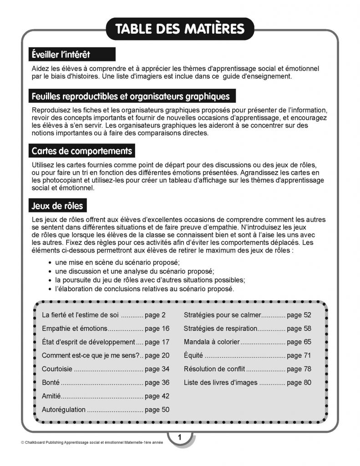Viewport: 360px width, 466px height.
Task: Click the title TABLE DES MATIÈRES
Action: (x=180, y=29)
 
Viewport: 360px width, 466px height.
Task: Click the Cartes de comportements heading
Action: (x=81, y=151)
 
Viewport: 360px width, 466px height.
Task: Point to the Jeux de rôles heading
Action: (x=57, y=206)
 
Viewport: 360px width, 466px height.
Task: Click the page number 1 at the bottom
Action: (x=180, y=438)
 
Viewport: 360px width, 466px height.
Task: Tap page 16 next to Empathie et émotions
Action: (x=157, y=328)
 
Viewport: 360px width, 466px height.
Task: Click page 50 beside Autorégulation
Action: (x=157, y=410)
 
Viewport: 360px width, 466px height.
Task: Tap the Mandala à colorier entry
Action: (x=211, y=342)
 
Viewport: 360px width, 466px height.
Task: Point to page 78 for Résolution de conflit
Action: (x=299, y=369)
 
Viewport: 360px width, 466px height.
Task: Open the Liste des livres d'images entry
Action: (x=220, y=383)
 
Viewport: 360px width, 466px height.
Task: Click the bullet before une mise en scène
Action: (x=49, y=263)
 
